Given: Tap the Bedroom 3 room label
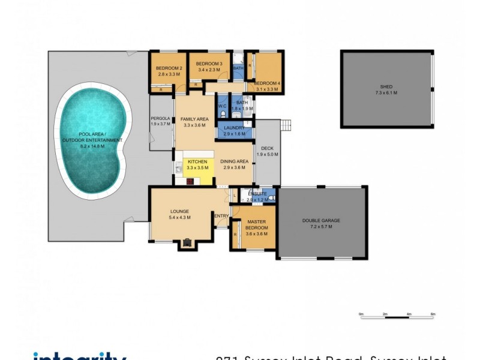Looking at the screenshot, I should tap(209, 64).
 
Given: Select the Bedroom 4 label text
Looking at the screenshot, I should tap(267, 83).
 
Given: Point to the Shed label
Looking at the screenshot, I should tap(386, 87).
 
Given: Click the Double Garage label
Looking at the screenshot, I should tap(321, 221).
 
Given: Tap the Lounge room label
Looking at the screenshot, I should tap(179, 212).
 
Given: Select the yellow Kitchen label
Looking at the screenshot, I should tap(197, 162).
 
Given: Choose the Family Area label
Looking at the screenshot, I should tap(194, 119).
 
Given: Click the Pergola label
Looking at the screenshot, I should tap(161, 119).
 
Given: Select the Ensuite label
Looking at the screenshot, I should tap(256, 193).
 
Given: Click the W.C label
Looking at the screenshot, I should tap(222, 106).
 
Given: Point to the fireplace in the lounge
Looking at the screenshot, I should tap(188, 242).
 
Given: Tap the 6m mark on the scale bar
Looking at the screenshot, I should tap(433, 314).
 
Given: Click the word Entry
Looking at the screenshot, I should tap(221, 216).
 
